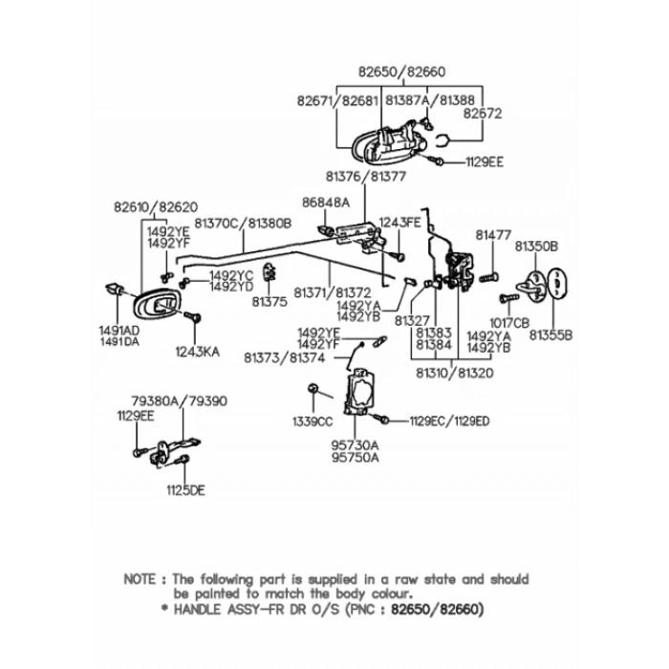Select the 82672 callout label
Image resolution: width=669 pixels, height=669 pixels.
483,112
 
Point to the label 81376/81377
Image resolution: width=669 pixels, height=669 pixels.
365,177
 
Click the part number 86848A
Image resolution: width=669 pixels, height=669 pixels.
326,203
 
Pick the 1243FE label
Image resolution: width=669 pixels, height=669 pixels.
399,222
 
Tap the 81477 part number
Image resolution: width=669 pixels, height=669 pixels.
495,234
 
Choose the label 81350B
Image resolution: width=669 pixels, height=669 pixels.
537,246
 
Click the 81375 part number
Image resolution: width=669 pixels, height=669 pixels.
270,301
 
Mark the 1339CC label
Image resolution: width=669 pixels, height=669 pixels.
312,421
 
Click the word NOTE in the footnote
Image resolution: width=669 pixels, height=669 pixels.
141,579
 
